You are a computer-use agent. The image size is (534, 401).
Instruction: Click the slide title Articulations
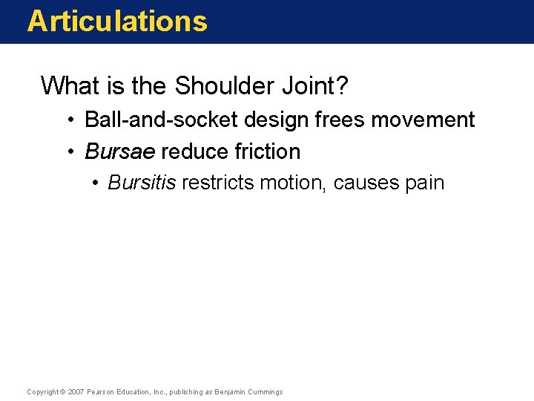coord(117,21)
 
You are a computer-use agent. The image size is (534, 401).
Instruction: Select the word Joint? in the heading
coord(319,86)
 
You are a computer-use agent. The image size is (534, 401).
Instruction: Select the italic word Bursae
coord(120,151)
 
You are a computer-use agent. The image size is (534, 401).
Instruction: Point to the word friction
coord(268,151)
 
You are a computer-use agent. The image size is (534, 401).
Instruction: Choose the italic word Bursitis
coord(142,183)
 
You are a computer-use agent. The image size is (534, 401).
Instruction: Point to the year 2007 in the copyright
coord(75,391)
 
